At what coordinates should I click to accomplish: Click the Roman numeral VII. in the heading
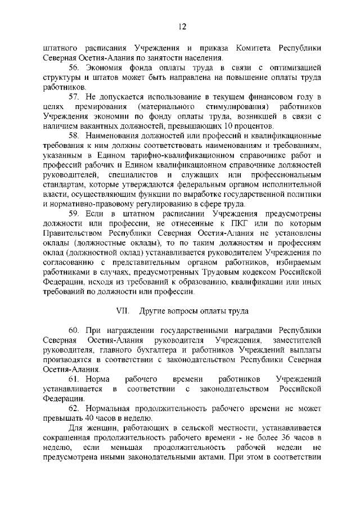[123, 310]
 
